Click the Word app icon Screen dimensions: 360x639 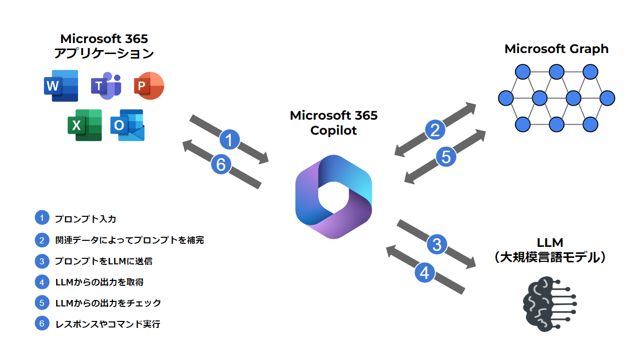point(61,86)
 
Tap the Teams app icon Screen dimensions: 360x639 point(106,86)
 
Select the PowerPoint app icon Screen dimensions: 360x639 point(149,86)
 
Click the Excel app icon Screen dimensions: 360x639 point(85,125)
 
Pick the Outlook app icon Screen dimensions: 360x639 point(127,125)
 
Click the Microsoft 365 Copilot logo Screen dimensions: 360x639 point(333,196)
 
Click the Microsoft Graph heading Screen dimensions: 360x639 point(556,49)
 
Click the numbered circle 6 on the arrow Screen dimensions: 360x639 point(221,164)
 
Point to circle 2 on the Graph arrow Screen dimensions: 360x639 point(435,130)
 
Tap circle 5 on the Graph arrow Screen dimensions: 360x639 point(445,157)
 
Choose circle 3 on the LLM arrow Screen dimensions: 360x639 point(437,244)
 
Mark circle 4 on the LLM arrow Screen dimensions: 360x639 point(424,273)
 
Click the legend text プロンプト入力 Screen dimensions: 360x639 point(86,219)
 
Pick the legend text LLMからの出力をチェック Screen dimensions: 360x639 point(108,303)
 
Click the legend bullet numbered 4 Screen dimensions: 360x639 point(42,282)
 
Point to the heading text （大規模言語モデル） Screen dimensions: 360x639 point(549,258)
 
